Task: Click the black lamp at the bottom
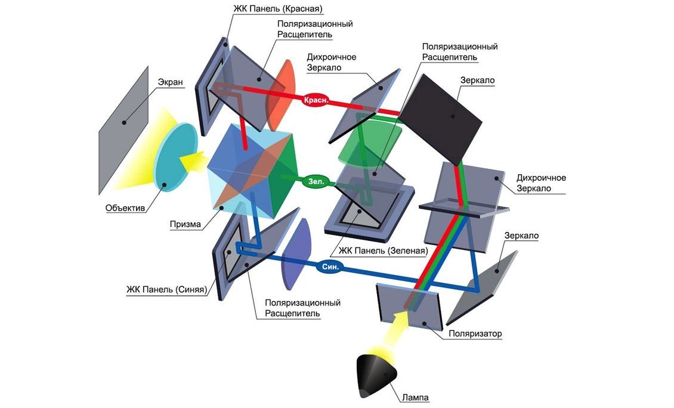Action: click(377, 374)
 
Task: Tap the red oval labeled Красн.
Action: click(316, 100)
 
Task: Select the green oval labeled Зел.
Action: click(316, 181)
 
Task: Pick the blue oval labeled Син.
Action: click(330, 267)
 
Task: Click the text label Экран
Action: click(170, 82)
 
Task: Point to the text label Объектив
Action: click(125, 208)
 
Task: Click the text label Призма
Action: click(185, 224)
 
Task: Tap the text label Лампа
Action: click(415, 397)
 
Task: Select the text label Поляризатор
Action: click(475, 333)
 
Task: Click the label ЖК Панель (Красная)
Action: click(277, 8)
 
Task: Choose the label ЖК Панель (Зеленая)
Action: click(383, 251)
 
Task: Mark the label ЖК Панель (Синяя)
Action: click(167, 289)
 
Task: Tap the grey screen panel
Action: click(123, 130)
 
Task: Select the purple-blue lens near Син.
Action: click(296, 255)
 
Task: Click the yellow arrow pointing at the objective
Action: click(192, 162)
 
